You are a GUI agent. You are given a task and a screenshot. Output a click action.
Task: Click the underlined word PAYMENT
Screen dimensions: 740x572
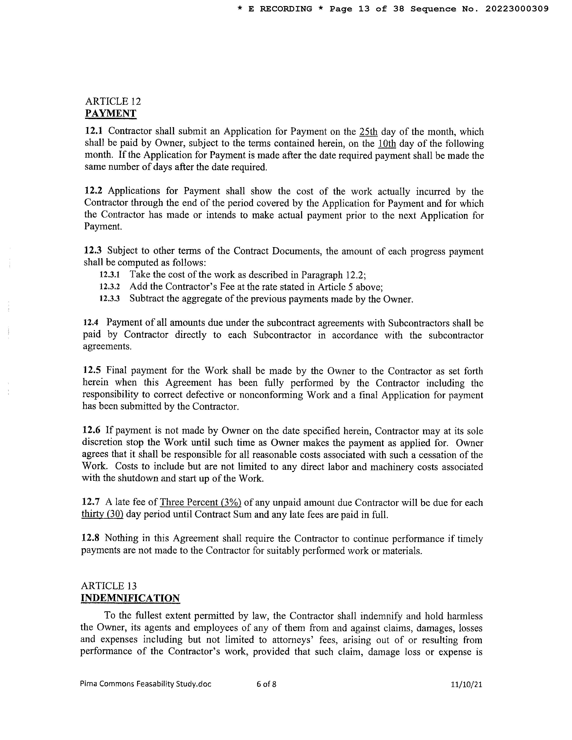click(x=110, y=113)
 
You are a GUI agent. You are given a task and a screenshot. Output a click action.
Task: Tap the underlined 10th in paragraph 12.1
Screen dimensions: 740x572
click(x=387, y=144)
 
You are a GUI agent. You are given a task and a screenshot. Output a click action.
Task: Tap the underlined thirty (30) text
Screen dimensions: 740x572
click(x=102, y=514)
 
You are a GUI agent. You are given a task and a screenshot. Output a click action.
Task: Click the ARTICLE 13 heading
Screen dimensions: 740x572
click(x=109, y=586)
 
